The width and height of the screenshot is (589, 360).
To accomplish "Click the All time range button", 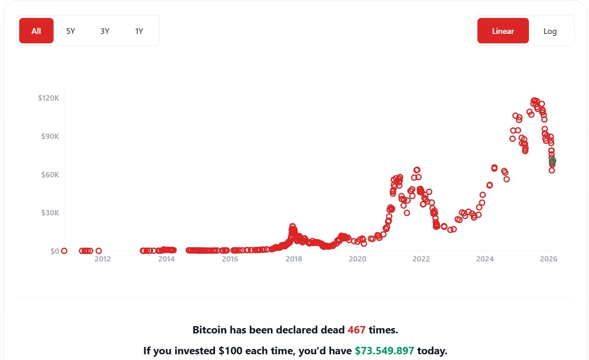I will pyautogui.click(x=36, y=31).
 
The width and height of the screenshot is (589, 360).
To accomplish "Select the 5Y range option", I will pyautogui.click(x=71, y=31).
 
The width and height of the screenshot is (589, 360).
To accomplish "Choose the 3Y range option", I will pyautogui.click(x=105, y=31).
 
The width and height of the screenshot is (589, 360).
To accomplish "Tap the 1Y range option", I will pyautogui.click(x=139, y=31).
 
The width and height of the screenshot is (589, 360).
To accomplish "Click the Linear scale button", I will pyautogui.click(x=503, y=31).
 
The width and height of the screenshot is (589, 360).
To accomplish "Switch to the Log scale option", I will pyautogui.click(x=550, y=31).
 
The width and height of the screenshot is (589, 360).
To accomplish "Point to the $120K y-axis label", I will pyautogui.click(x=49, y=98).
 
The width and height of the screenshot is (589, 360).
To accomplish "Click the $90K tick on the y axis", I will pyautogui.click(x=50, y=136).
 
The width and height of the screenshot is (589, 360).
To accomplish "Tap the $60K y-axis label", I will pyautogui.click(x=50, y=174).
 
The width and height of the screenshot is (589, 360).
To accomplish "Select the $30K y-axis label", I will pyautogui.click(x=50, y=212).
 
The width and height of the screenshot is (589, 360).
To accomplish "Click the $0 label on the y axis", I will pyautogui.click(x=55, y=251).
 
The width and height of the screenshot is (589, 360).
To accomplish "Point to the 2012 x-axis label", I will pyautogui.click(x=103, y=259).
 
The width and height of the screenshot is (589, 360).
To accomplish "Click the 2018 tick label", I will pyautogui.click(x=294, y=259).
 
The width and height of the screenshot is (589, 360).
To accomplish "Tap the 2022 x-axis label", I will pyautogui.click(x=421, y=259).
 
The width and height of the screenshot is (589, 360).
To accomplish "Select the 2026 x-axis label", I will pyautogui.click(x=549, y=259).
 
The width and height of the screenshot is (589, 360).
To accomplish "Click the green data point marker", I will pyautogui.click(x=552, y=161).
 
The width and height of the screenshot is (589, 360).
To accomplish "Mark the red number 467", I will pyautogui.click(x=356, y=330).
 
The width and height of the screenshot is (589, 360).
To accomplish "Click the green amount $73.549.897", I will pyautogui.click(x=384, y=351).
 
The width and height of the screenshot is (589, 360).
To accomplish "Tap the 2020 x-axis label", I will pyautogui.click(x=358, y=259).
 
